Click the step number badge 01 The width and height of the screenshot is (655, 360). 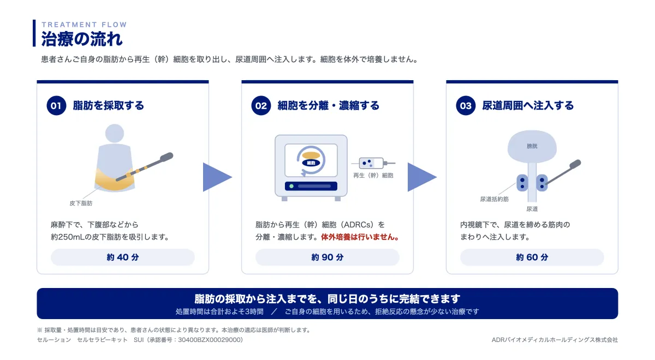pos(56,105)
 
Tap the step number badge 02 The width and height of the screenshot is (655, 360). pos(261,105)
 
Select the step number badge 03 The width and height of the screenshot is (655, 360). pos(466,105)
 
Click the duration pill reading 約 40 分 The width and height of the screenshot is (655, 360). pos(123,257)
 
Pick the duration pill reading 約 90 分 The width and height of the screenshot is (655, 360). pos(327,257)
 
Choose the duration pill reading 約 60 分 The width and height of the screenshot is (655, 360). pos(532,257)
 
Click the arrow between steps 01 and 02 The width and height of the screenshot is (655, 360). pos(216,177)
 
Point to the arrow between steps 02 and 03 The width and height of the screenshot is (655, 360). pos(421,177)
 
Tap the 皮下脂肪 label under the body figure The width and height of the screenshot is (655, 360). pos(81,203)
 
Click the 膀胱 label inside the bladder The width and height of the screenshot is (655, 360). pos(532,146)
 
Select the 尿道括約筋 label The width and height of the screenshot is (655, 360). pos(494,199)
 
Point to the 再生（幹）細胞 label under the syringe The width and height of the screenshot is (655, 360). pos(373,175)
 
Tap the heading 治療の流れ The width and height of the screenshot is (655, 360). pos(82,39)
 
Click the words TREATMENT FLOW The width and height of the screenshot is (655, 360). pos(84,25)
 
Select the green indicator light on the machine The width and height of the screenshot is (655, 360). pos(291,186)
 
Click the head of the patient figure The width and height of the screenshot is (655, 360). pos(115,133)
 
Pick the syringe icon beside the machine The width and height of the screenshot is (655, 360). pos(373,163)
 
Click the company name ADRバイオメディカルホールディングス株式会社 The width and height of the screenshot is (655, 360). pos(555,340)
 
